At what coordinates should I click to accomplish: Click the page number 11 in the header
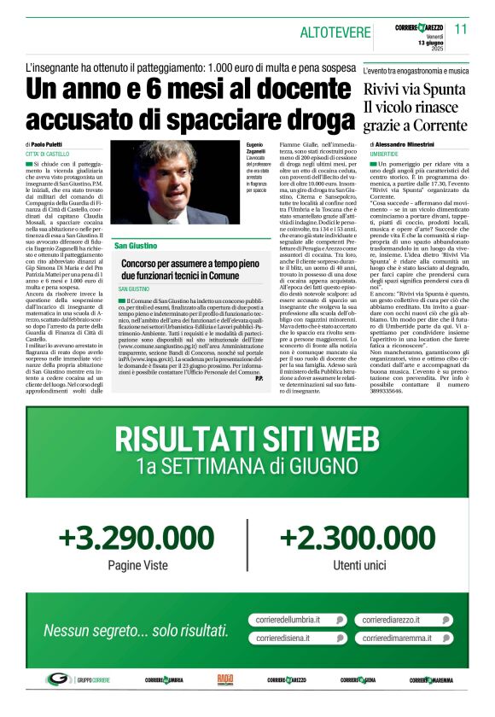(461, 29)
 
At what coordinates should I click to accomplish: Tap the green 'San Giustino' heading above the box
(136, 246)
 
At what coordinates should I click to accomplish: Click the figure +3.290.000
(137, 539)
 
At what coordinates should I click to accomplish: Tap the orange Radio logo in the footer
(225, 679)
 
